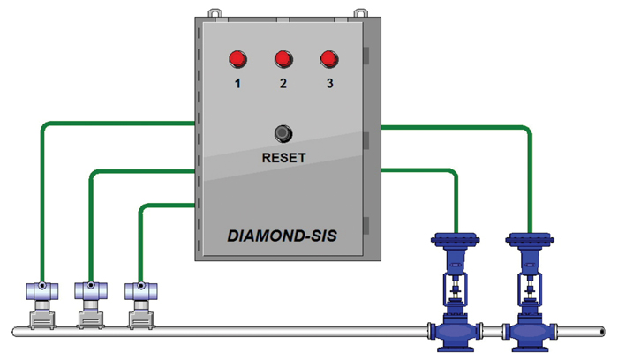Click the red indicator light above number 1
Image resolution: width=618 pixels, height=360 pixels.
(237, 59)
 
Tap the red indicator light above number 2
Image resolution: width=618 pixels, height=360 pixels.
(283, 59)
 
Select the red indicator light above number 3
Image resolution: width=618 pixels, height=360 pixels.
(329, 59)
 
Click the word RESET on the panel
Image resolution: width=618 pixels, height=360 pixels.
(283, 159)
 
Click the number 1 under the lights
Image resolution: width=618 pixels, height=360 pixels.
(237, 85)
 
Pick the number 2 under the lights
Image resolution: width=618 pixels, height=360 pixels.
(283, 85)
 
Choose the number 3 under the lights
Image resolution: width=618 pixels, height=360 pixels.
(329, 85)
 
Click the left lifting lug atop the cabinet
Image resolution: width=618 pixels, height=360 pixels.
(212, 12)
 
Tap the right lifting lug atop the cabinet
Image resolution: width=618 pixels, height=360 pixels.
(360, 12)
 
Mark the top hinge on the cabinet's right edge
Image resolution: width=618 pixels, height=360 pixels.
(366, 56)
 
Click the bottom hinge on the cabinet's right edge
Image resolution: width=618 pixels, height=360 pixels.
(366, 224)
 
